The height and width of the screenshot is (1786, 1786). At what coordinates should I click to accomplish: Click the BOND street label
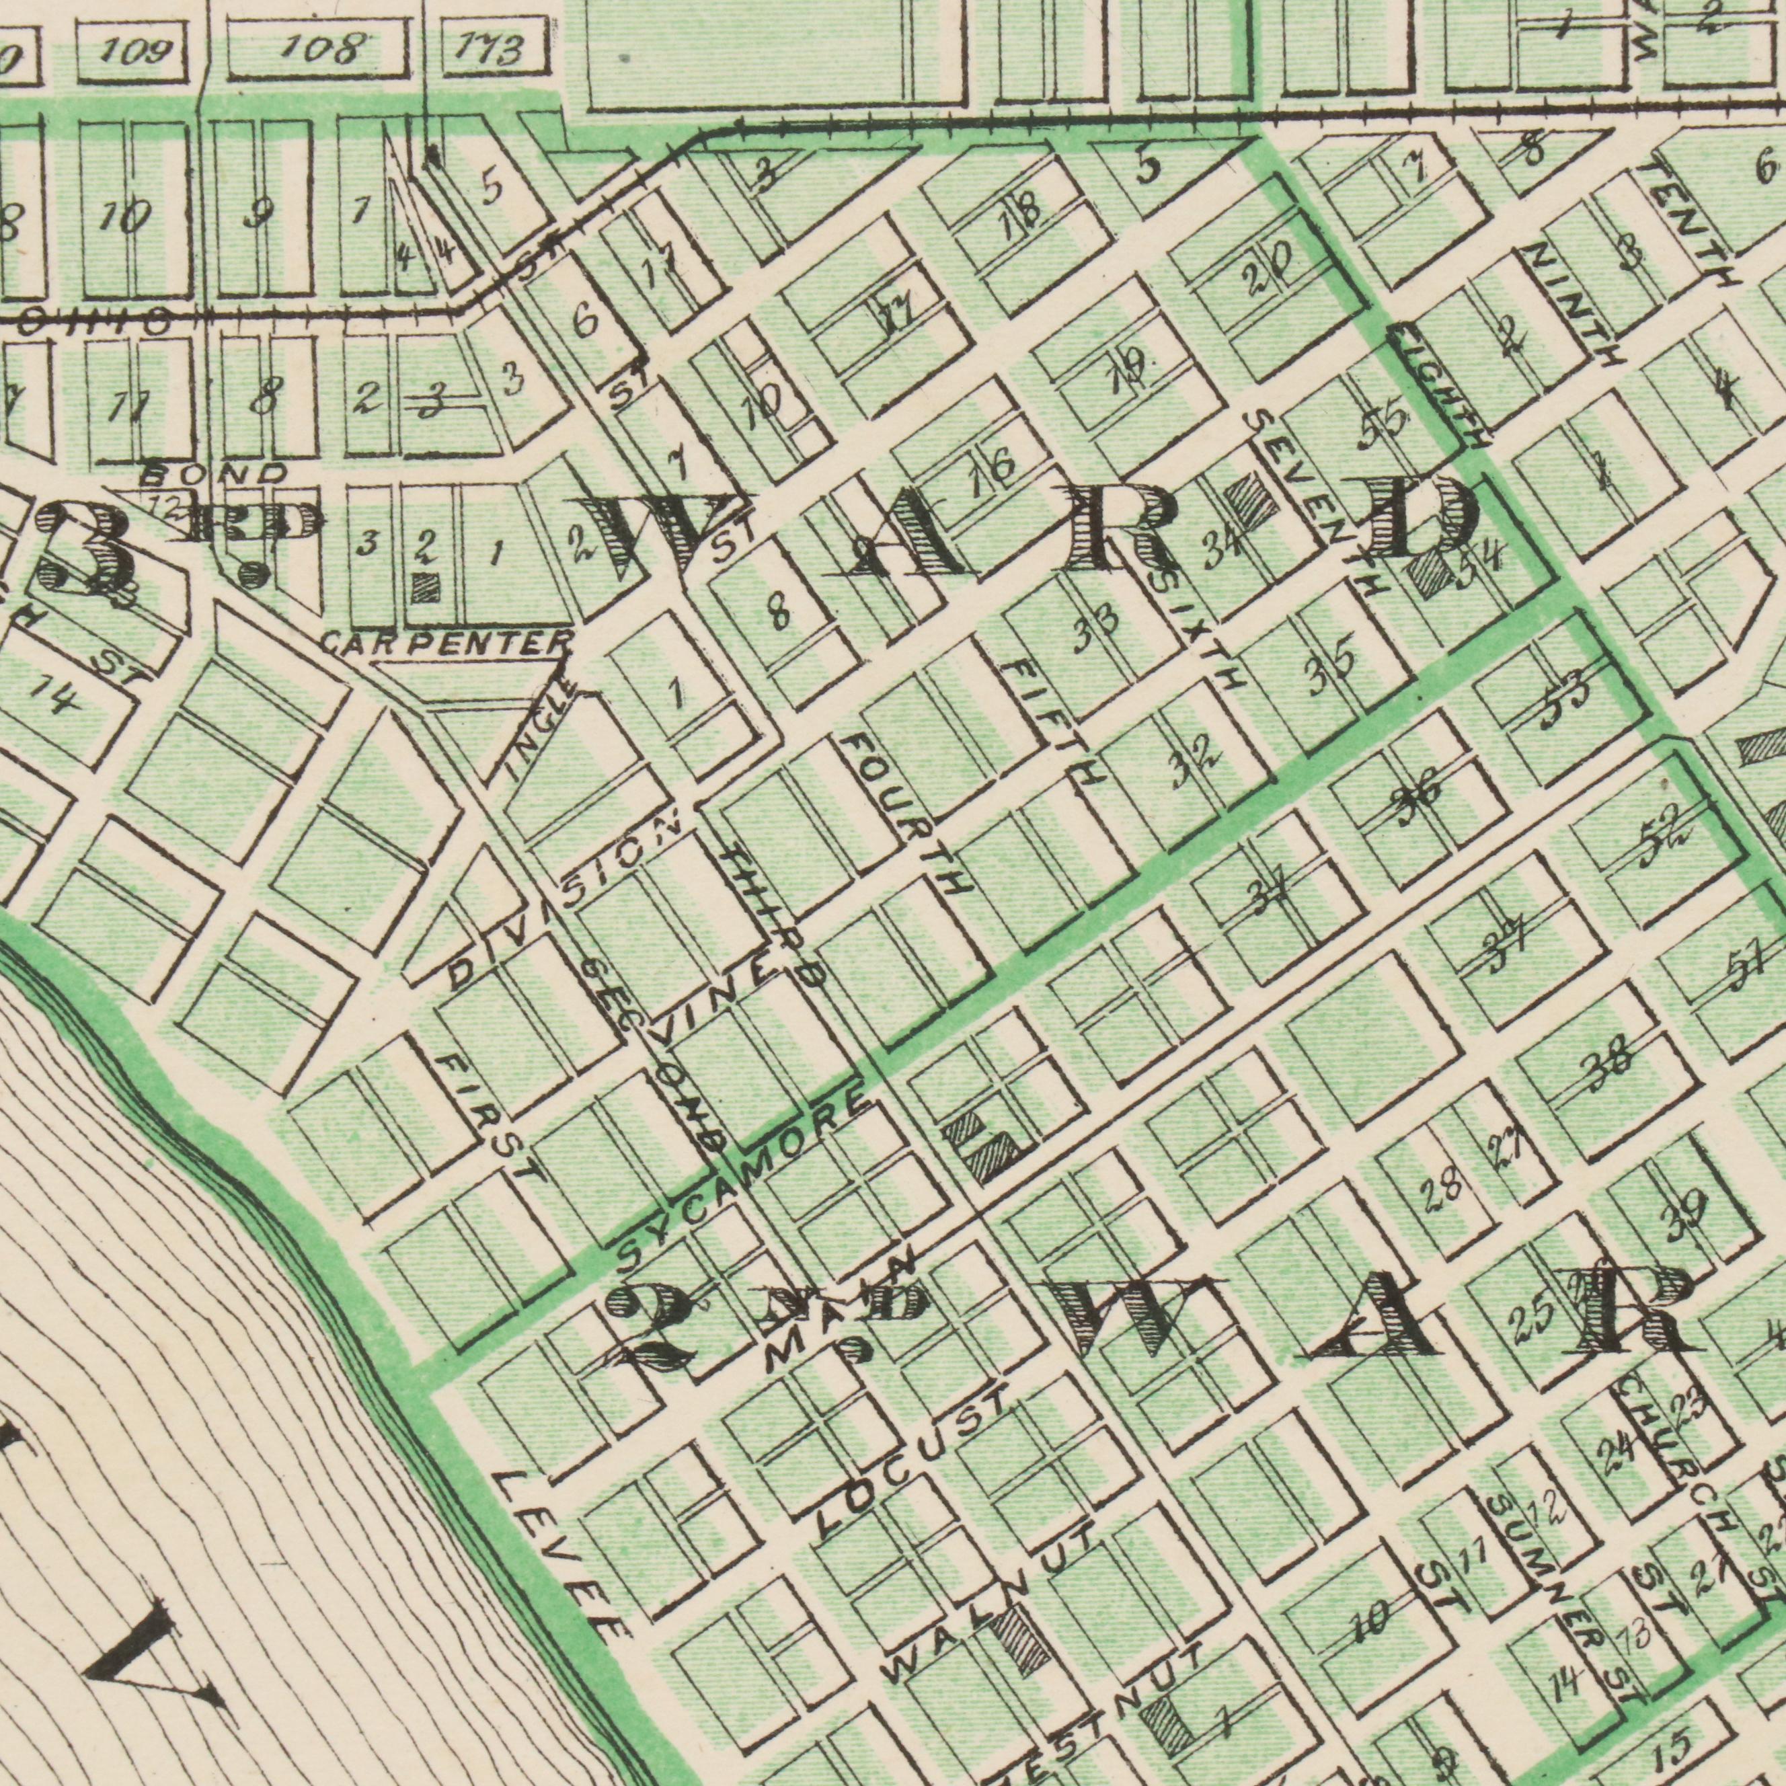215,473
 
